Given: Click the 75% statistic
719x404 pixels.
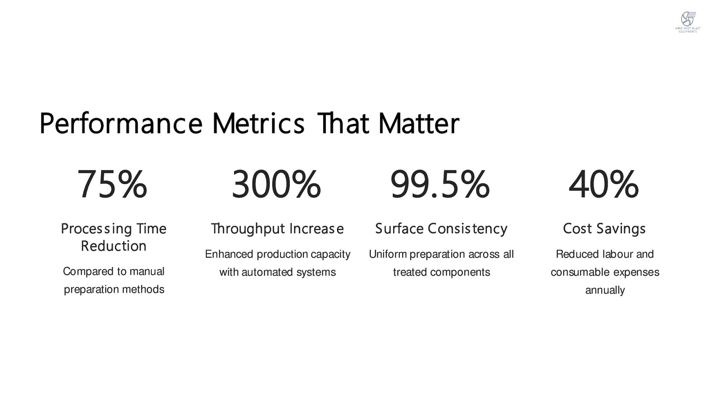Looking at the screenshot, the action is click(112, 184).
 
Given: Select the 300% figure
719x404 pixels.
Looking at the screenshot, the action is click(276, 184).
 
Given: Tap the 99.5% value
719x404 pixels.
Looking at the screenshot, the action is click(440, 184).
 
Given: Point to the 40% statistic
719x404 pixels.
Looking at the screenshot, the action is click(604, 184).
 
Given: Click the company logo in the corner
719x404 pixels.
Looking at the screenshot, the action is click(688, 22).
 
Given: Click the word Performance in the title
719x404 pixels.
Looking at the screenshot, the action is click(121, 124).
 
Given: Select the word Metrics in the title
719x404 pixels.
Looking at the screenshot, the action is click(258, 123).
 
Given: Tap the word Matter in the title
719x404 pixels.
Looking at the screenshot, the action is click(419, 123).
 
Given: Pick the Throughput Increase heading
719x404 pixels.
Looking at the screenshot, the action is click(277, 229).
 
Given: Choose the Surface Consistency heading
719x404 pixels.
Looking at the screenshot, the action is click(441, 229).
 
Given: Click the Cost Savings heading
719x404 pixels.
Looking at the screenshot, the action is click(604, 229).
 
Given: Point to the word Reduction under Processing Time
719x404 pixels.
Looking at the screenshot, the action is click(114, 246).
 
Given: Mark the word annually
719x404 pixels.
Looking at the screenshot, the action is click(605, 290).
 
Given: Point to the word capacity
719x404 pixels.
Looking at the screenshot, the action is click(331, 255).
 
